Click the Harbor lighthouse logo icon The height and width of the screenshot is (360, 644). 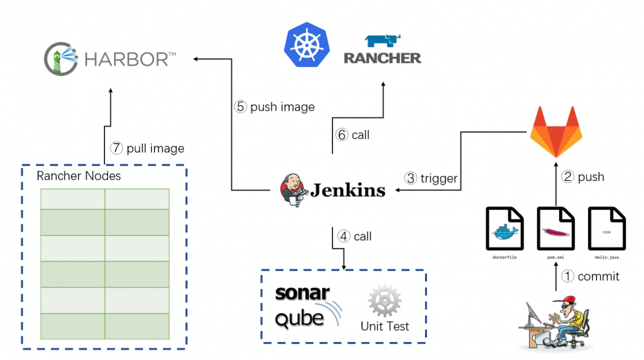click(x=61, y=59)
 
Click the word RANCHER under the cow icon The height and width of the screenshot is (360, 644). click(x=382, y=58)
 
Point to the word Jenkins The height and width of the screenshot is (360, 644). click(x=348, y=190)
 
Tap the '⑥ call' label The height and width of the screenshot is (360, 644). click(x=353, y=135)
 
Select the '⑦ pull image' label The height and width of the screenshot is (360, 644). click(x=147, y=148)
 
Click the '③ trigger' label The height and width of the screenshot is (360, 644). click(x=431, y=178)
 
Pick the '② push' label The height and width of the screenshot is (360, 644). click(x=583, y=176)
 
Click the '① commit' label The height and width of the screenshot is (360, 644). click(x=590, y=276)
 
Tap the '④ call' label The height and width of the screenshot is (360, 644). click(x=355, y=236)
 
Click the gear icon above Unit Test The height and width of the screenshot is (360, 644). click(x=384, y=301)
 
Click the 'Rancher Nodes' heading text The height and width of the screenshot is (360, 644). click(x=79, y=176)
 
